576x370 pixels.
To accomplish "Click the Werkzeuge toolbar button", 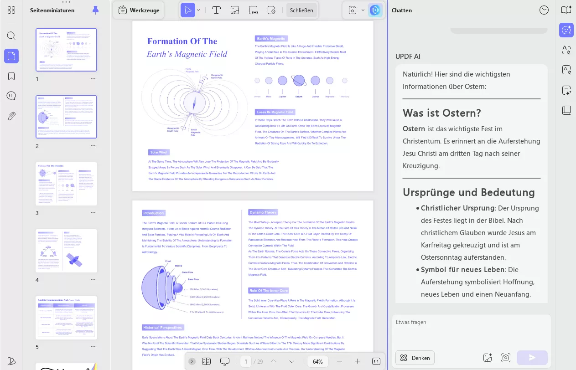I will (x=140, y=10).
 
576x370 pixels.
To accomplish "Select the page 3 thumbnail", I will (x=67, y=184).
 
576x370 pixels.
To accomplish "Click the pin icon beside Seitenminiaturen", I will (x=95, y=10).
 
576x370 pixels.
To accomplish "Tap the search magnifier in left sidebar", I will (x=11, y=36).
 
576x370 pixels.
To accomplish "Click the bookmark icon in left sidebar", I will (x=11, y=76).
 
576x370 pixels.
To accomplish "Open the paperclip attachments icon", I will (x=11, y=116).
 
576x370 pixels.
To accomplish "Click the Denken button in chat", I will (x=415, y=358).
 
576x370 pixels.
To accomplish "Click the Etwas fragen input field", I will (x=471, y=330).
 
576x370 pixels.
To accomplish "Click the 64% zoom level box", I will (x=318, y=361).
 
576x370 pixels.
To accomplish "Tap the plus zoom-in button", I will (x=358, y=361).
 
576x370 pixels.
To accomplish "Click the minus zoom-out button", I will (x=339, y=361).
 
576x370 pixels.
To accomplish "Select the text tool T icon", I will (x=217, y=10).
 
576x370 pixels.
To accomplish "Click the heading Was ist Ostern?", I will (x=441, y=113).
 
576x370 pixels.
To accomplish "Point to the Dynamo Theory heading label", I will (x=263, y=212).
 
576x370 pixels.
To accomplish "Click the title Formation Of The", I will (x=182, y=41).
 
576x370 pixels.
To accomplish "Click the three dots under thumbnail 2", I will (x=93, y=146).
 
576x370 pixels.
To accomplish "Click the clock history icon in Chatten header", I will (x=544, y=10).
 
